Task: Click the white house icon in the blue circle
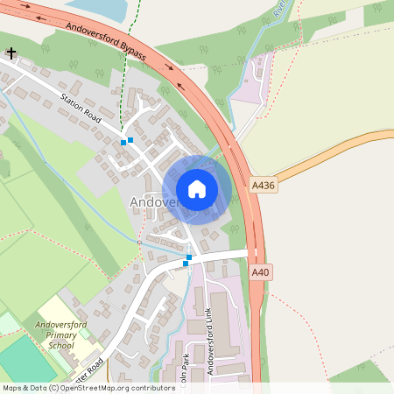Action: click(x=197, y=189)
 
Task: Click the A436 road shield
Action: click(x=262, y=186)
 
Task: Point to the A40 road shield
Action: click(x=260, y=273)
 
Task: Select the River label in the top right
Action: click(x=280, y=10)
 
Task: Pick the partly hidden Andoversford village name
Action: click(x=153, y=203)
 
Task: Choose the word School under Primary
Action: click(x=61, y=345)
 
